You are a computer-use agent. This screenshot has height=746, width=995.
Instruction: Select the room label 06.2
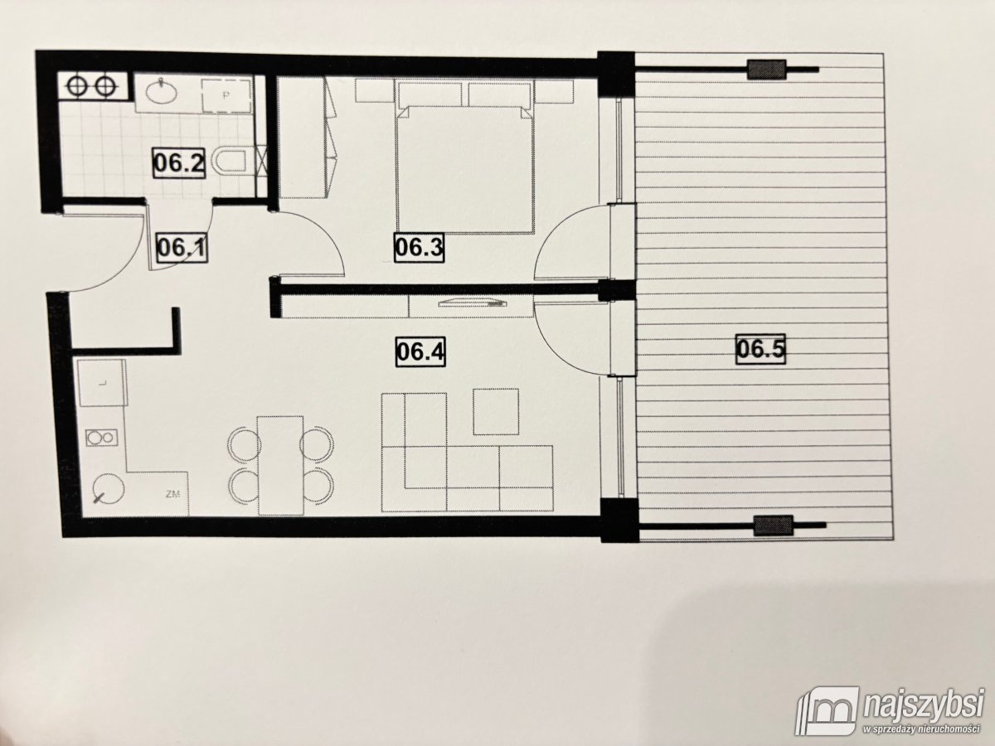179,162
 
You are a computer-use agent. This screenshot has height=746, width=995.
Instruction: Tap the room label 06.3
417,246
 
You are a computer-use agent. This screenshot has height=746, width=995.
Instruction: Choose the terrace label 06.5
760,349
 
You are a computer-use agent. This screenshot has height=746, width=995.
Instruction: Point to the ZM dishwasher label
173,495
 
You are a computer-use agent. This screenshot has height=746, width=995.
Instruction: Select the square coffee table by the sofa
496,411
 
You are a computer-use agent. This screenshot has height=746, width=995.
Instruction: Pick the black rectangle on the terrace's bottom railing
772,524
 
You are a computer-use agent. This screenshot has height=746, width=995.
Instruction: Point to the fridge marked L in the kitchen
101,382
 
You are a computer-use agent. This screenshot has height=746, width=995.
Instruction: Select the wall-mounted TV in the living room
469,303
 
